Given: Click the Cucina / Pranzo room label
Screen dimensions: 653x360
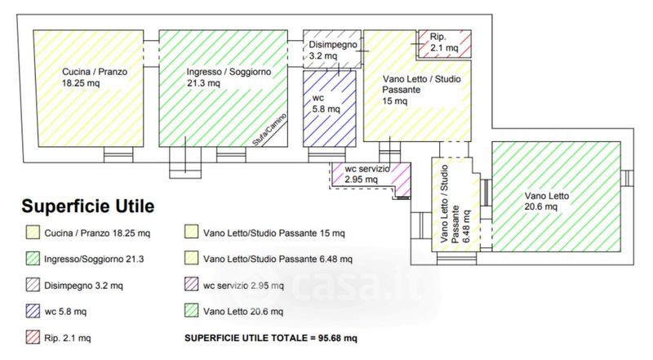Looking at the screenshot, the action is pos(95,77).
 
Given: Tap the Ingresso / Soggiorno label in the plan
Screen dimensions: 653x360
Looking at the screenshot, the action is pos(229,77).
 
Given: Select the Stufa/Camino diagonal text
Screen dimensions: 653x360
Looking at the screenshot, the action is pos(269,130).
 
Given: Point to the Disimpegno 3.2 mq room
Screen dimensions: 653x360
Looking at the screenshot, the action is pos(332,49).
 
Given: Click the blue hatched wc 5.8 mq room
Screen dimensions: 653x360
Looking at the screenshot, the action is pos(330,109).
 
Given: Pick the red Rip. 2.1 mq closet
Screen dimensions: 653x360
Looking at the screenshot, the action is pos(444,43).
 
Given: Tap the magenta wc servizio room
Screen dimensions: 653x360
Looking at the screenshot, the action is pos(371,176).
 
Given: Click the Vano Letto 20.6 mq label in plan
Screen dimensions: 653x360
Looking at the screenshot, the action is pos(546,202).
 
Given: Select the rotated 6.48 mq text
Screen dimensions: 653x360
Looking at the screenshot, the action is pos(466,226).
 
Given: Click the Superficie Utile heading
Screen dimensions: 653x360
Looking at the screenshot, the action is pos(88,206).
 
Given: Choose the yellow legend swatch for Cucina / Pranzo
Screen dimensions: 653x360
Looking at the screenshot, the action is pos(33,232).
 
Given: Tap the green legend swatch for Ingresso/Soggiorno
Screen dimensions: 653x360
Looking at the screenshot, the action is pos(33,258).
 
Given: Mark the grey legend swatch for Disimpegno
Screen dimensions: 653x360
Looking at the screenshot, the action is pos(33,285).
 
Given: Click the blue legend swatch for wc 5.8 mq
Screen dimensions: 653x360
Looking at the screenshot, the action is pos(33,311).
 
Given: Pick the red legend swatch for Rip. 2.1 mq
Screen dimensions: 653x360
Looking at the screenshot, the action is pos(33,337).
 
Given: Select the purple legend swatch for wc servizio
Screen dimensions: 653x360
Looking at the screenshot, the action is pos(192,284).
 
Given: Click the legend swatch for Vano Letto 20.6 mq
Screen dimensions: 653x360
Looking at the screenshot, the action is pos(192,310).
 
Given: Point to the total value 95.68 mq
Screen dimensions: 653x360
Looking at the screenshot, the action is pos(338,338).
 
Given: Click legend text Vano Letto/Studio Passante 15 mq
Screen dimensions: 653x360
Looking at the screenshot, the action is pos(274,233).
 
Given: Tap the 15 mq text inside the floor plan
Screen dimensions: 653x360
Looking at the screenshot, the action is pos(395,101).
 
